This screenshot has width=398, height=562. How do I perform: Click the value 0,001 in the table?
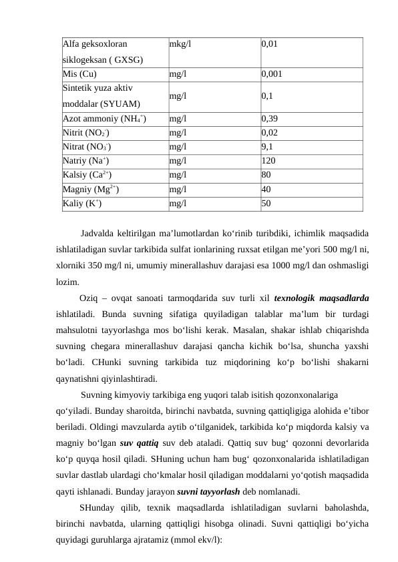(272, 74)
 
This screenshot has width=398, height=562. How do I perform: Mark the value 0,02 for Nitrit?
(270, 132)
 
